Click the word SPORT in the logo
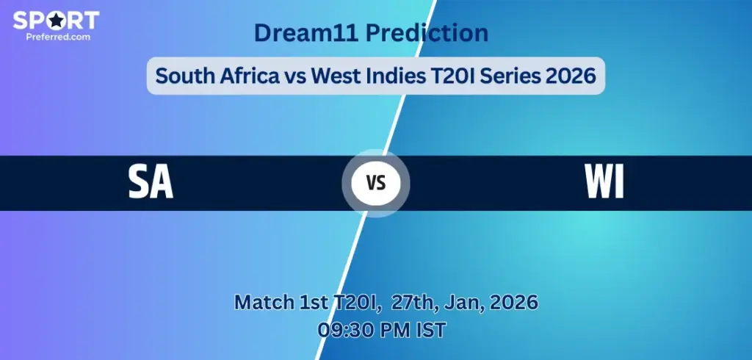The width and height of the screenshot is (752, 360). click(x=56, y=20)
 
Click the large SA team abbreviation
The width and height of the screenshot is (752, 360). click(x=151, y=183)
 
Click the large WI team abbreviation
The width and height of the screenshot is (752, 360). click(x=604, y=183)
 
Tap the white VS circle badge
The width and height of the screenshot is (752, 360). click(x=375, y=183)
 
